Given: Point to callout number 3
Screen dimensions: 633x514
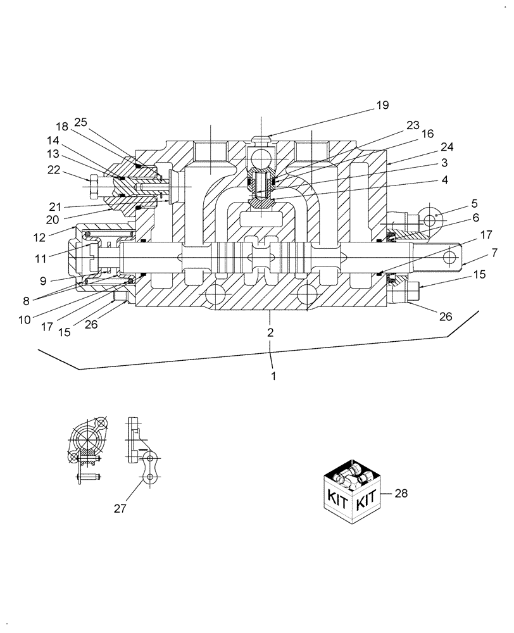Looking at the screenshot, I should point(446,163).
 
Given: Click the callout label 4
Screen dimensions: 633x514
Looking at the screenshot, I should point(445,180).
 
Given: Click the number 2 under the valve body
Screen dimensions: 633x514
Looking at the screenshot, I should point(270,332).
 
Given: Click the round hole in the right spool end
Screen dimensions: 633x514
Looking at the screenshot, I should point(449,257).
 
